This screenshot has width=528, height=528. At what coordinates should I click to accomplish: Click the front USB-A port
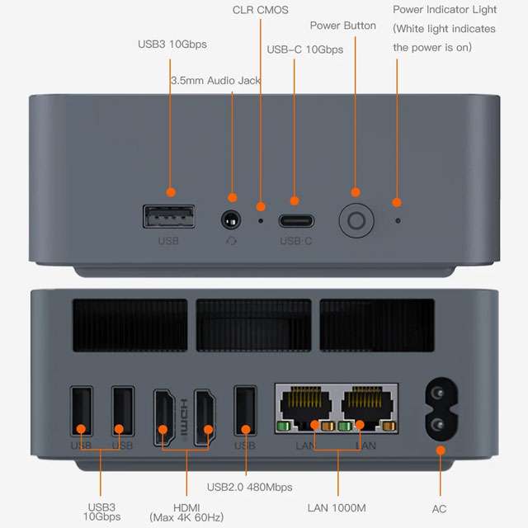point(169,219)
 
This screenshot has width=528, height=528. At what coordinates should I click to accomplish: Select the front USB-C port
point(295,221)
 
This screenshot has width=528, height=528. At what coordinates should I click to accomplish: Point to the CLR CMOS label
point(261,10)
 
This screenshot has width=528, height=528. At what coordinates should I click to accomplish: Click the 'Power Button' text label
point(342,26)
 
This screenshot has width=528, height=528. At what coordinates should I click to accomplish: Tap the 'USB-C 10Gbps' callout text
point(304,49)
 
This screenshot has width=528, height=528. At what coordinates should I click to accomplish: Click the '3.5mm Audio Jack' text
point(215,81)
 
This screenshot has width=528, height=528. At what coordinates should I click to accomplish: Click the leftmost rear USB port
point(82,417)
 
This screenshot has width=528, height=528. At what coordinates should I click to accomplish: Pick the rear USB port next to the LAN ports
point(245,417)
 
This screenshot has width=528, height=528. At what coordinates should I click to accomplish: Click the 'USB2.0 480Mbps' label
point(249,487)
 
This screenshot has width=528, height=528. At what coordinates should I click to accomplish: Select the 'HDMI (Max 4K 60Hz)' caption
point(186,511)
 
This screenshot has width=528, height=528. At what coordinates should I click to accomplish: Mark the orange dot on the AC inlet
point(440,450)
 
